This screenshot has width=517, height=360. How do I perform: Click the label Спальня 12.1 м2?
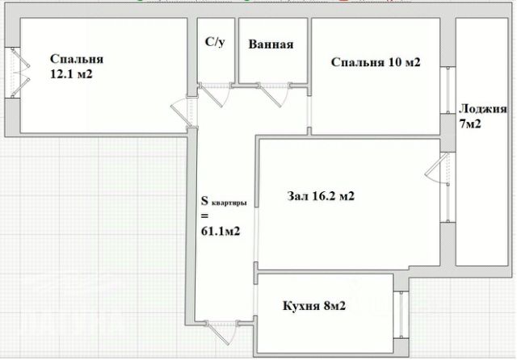77,66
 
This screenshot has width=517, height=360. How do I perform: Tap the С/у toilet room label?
216,42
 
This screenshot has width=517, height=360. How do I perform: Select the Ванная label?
271,44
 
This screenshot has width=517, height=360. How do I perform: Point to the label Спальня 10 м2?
376,62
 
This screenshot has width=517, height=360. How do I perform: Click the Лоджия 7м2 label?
483,116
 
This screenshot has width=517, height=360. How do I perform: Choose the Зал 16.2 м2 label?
321,196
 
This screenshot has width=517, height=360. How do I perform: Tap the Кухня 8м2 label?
314,306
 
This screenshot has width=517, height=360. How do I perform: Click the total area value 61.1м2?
221,232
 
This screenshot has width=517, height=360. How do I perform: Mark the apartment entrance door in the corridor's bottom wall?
221,331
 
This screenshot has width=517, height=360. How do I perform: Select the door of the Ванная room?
273,94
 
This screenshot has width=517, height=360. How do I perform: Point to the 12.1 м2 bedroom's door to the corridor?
184,111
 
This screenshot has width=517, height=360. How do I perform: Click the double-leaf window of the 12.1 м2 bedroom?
18,73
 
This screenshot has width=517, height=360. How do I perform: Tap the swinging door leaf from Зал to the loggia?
438,169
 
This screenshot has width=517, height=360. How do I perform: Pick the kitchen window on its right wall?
401,315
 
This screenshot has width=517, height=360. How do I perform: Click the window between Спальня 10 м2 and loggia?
448,90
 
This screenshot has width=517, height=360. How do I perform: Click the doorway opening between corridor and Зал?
256,235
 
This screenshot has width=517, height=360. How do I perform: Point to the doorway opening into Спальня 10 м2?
309,112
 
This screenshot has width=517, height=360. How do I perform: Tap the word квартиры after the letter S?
229,203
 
